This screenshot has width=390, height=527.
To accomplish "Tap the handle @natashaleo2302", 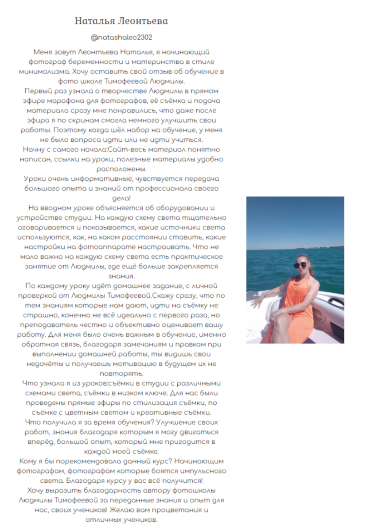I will click(x=121, y=38).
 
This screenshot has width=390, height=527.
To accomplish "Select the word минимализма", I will click(x=40, y=71).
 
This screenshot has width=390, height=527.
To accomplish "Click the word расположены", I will click(x=121, y=169).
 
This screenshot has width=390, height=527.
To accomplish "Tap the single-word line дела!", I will click(x=121, y=198).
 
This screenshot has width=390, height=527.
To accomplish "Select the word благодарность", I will click(x=95, y=490).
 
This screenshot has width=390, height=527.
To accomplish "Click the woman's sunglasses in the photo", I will click(x=300, y=265).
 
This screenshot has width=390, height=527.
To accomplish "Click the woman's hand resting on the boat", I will click(x=256, y=303).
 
